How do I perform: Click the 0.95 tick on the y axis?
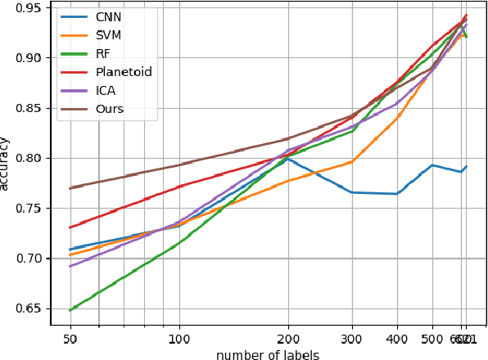[31, 8]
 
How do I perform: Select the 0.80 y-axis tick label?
[31, 158]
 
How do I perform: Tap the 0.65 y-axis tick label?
[31, 308]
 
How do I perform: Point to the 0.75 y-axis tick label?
[31, 209]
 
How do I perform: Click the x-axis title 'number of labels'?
[268, 354]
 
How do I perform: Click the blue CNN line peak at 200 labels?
[287, 157]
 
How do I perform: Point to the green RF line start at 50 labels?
[70, 310]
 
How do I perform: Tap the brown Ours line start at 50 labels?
[70, 188]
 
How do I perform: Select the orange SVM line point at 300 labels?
[352, 161]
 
